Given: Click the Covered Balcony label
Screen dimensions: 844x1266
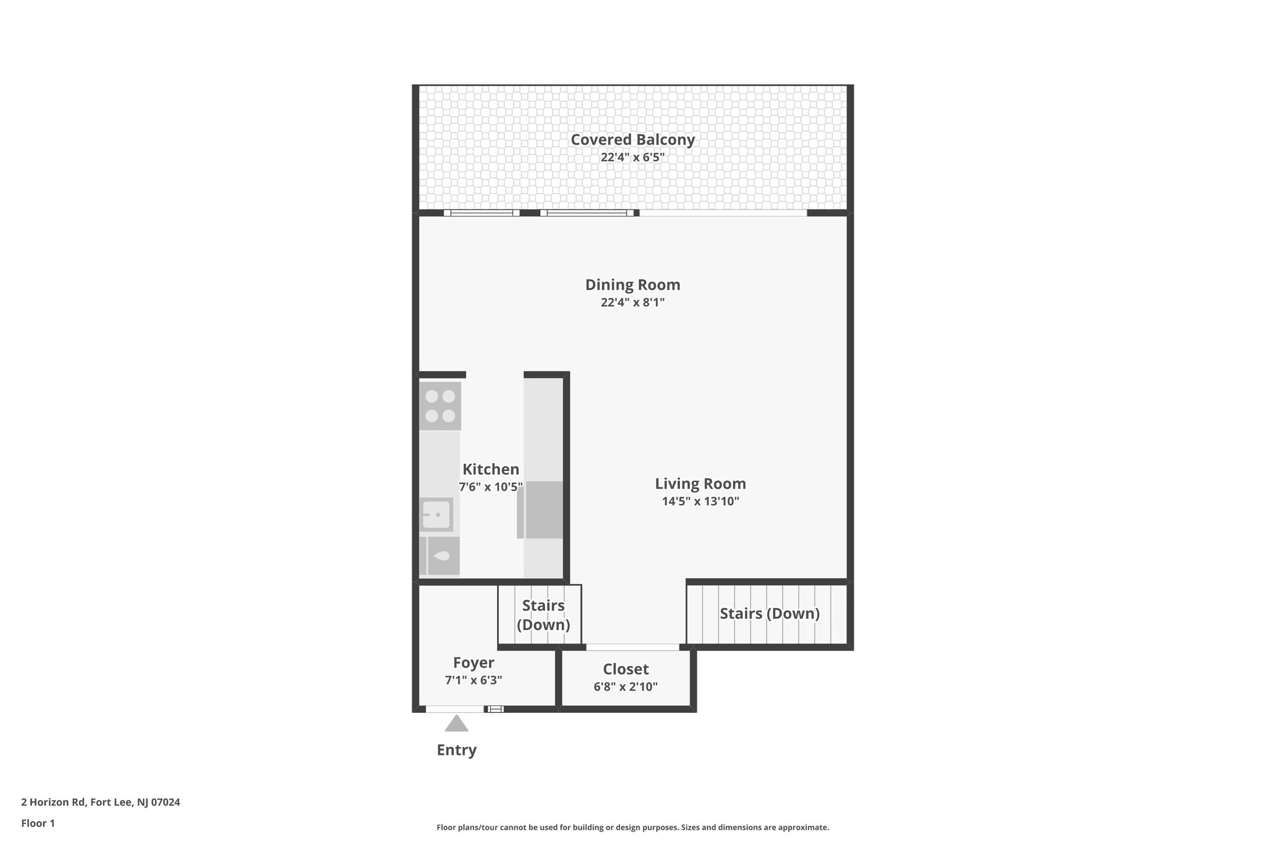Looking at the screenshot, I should pyautogui.click(x=632, y=140).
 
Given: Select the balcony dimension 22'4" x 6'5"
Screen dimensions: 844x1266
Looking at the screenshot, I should pyautogui.click(x=632, y=157).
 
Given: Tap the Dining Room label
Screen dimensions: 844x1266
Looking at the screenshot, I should pyautogui.click(x=632, y=285).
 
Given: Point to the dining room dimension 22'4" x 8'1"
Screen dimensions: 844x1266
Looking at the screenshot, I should pyautogui.click(x=632, y=302).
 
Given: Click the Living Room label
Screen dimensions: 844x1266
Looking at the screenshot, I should pyautogui.click(x=700, y=484).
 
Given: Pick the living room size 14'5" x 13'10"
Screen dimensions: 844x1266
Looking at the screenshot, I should pyautogui.click(x=700, y=501).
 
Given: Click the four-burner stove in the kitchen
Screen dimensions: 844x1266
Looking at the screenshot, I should pyautogui.click(x=440, y=406).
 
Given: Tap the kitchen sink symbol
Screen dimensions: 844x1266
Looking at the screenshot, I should pyautogui.click(x=436, y=514).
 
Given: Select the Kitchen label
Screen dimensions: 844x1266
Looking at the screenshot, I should pyautogui.click(x=491, y=469).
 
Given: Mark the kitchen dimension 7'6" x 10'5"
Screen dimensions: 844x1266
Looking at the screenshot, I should pyautogui.click(x=491, y=487).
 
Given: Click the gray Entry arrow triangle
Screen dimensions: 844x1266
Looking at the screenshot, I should pyautogui.click(x=456, y=724).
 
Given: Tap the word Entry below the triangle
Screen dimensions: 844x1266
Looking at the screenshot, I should pyautogui.click(x=456, y=750).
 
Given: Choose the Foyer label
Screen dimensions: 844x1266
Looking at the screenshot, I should pyautogui.click(x=474, y=663).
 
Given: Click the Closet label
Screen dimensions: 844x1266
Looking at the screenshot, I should pyautogui.click(x=626, y=669).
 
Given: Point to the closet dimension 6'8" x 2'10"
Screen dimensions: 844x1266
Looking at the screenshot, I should pyautogui.click(x=626, y=686).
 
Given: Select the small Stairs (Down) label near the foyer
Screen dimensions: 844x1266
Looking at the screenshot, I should pyautogui.click(x=543, y=615).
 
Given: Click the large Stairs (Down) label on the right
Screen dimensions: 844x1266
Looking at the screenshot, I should pyautogui.click(x=770, y=613).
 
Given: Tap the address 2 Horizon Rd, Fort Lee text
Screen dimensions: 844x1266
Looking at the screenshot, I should pyautogui.click(x=100, y=802).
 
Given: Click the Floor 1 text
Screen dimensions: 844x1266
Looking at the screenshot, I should pyautogui.click(x=38, y=823).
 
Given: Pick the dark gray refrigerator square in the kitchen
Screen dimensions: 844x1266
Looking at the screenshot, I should pyautogui.click(x=544, y=510).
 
